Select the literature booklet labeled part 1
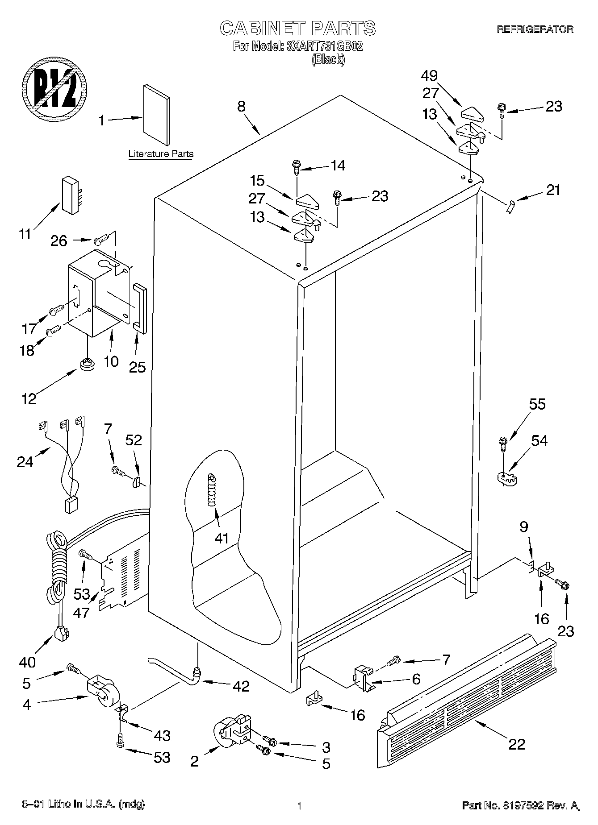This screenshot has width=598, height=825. [156, 115]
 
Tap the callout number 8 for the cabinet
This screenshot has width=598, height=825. [241, 107]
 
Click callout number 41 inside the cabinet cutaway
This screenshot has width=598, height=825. [222, 538]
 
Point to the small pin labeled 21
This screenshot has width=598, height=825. [510, 207]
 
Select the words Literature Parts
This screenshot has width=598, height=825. [161, 154]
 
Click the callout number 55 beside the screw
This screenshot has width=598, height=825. [537, 404]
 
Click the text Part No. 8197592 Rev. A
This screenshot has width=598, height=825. [520, 805]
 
